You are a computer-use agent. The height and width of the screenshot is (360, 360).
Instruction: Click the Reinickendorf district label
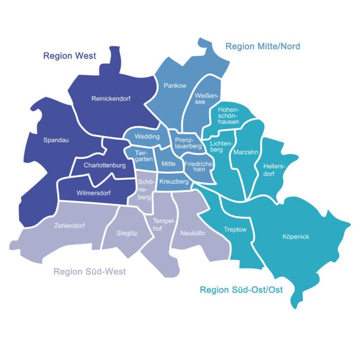pyautogui.click(x=111, y=98)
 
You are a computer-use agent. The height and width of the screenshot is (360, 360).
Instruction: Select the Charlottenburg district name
pyautogui.click(x=105, y=165)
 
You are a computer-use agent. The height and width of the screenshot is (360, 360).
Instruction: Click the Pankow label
pyautogui.click(x=175, y=85)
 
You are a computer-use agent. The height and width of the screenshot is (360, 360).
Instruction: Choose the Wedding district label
pyautogui.click(x=147, y=137)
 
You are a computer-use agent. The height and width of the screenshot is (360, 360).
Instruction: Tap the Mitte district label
pyautogui.click(x=168, y=164)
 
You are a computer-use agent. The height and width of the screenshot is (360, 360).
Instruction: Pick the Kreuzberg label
pyautogui.click(x=174, y=181)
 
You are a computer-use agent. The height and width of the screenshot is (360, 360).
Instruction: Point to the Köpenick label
pyautogui.click(x=296, y=237)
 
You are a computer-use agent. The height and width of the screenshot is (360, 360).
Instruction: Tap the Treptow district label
pyautogui.click(x=235, y=230)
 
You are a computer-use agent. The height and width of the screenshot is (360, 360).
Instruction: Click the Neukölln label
pyautogui.click(x=192, y=232)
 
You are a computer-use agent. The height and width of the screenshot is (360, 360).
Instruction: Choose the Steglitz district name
pyautogui.click(x=127, y=232)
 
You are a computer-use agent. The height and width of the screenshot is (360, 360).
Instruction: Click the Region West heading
pyautogui.click(x=69, y=56)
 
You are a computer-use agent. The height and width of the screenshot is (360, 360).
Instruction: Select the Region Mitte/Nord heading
pyautogui.click(x=262, y=46)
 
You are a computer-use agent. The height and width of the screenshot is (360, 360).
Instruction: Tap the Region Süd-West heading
pyautogui.click(x=90, y=272)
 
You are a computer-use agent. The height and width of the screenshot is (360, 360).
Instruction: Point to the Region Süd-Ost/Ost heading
pyautogui.click(x=241, y=290)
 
